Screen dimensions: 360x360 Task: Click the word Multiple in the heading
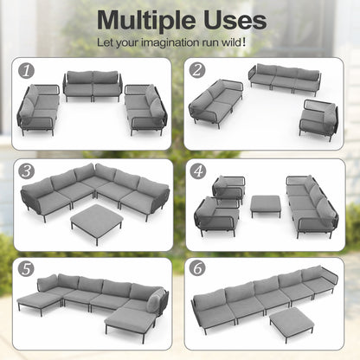pyautogui.click(x=147, y=20)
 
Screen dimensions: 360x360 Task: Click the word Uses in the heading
pyautogui.click(x=235, y=20)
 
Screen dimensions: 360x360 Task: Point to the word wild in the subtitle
pyautogui.click(x=231, y=42)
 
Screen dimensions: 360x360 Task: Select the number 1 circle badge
pyautogui.click(x=26, y=70)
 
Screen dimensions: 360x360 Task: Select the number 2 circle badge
pyautogui.click(x=197, y=70)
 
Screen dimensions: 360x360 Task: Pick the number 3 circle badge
pyautogui.click(x=27, y=171)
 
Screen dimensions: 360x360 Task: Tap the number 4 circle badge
pyautogui.click(x=198, y=171)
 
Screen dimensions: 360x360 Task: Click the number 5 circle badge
pyautogui.click(x=26, y=269)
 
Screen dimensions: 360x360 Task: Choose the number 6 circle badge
pyautogui.click(x=197, y=268)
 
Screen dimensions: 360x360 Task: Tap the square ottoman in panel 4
pyautogui.click(x=266, y=205)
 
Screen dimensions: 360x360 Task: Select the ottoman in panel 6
pyautogui.click(x=292, y=323)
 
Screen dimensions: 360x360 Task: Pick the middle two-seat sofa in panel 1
pyautogui.click(x=93, y=86)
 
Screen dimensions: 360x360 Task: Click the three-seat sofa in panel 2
pyautogui.click(x=285, y=79)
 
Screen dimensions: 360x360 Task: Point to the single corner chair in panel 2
pyautogui.click(x=318, y=119)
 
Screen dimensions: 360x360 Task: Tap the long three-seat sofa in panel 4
pyautogui.click(x=312, y=205)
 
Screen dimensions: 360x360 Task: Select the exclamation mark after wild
pyautogui.click(x=245, y=42)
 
